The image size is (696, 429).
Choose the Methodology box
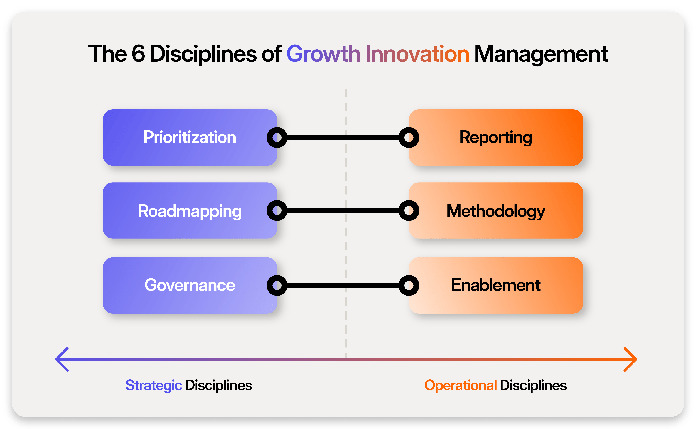(x=496, y=210)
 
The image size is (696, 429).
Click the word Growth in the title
(x=323, y=54)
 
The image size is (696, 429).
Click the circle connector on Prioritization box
(x=277, y=138)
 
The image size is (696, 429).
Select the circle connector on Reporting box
(x=409, y=138)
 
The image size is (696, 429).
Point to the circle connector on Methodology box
(x=409, y=210)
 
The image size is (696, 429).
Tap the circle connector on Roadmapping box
(x=277, y=210)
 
